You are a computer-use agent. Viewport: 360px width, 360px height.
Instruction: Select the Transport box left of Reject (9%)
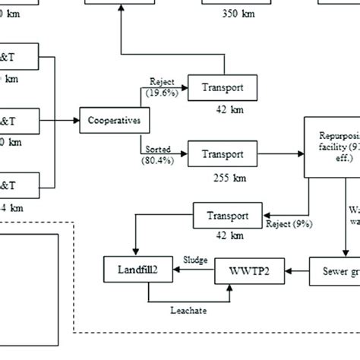(232, 214)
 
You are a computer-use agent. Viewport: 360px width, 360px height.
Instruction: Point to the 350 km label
(238, 14)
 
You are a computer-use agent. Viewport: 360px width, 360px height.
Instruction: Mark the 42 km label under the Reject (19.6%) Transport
(223, 108)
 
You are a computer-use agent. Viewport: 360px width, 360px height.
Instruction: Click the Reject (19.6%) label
(163, 87)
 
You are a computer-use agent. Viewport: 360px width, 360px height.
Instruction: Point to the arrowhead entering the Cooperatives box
(77, 120)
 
